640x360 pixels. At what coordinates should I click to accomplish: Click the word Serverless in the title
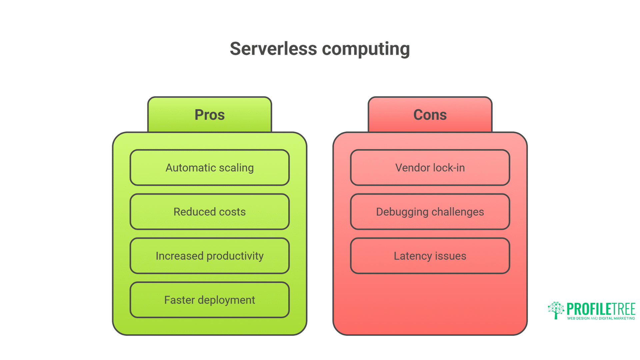pos(273,49)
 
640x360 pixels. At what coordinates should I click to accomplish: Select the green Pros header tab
pos(210,115)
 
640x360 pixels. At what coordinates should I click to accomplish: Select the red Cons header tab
pos(430,115)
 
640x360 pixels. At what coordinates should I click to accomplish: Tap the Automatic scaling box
pos(210,168)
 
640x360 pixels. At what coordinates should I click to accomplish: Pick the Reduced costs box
pos(210,212)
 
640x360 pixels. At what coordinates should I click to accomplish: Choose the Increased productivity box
pos(210,256)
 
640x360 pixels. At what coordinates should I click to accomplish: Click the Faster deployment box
pos(210,300)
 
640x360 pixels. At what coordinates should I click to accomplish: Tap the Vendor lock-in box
pos(430,168)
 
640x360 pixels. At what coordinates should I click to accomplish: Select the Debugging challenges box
pos(430,212)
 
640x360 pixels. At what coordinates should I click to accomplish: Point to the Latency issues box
pos(430,256)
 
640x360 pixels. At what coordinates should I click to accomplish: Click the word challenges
pos(458,212)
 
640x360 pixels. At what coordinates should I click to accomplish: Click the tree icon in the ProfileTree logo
pos(556,310)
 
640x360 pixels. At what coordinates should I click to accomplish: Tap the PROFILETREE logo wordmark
pos(601,309)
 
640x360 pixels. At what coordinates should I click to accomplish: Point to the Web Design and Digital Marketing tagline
pos(601,318)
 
